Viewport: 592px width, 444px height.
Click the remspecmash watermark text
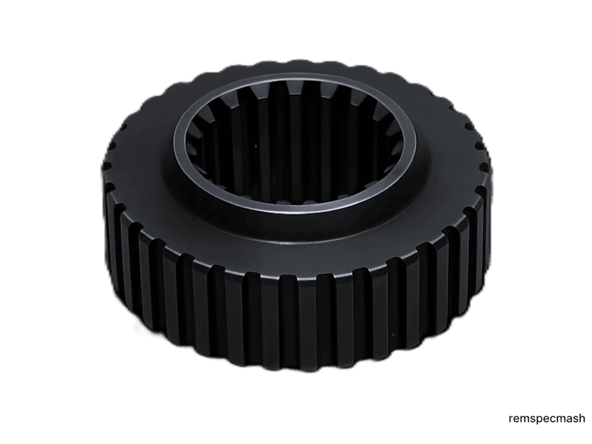(547, 419)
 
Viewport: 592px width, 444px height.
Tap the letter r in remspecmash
(512, 420)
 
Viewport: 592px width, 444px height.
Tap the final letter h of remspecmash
(582, 418)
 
